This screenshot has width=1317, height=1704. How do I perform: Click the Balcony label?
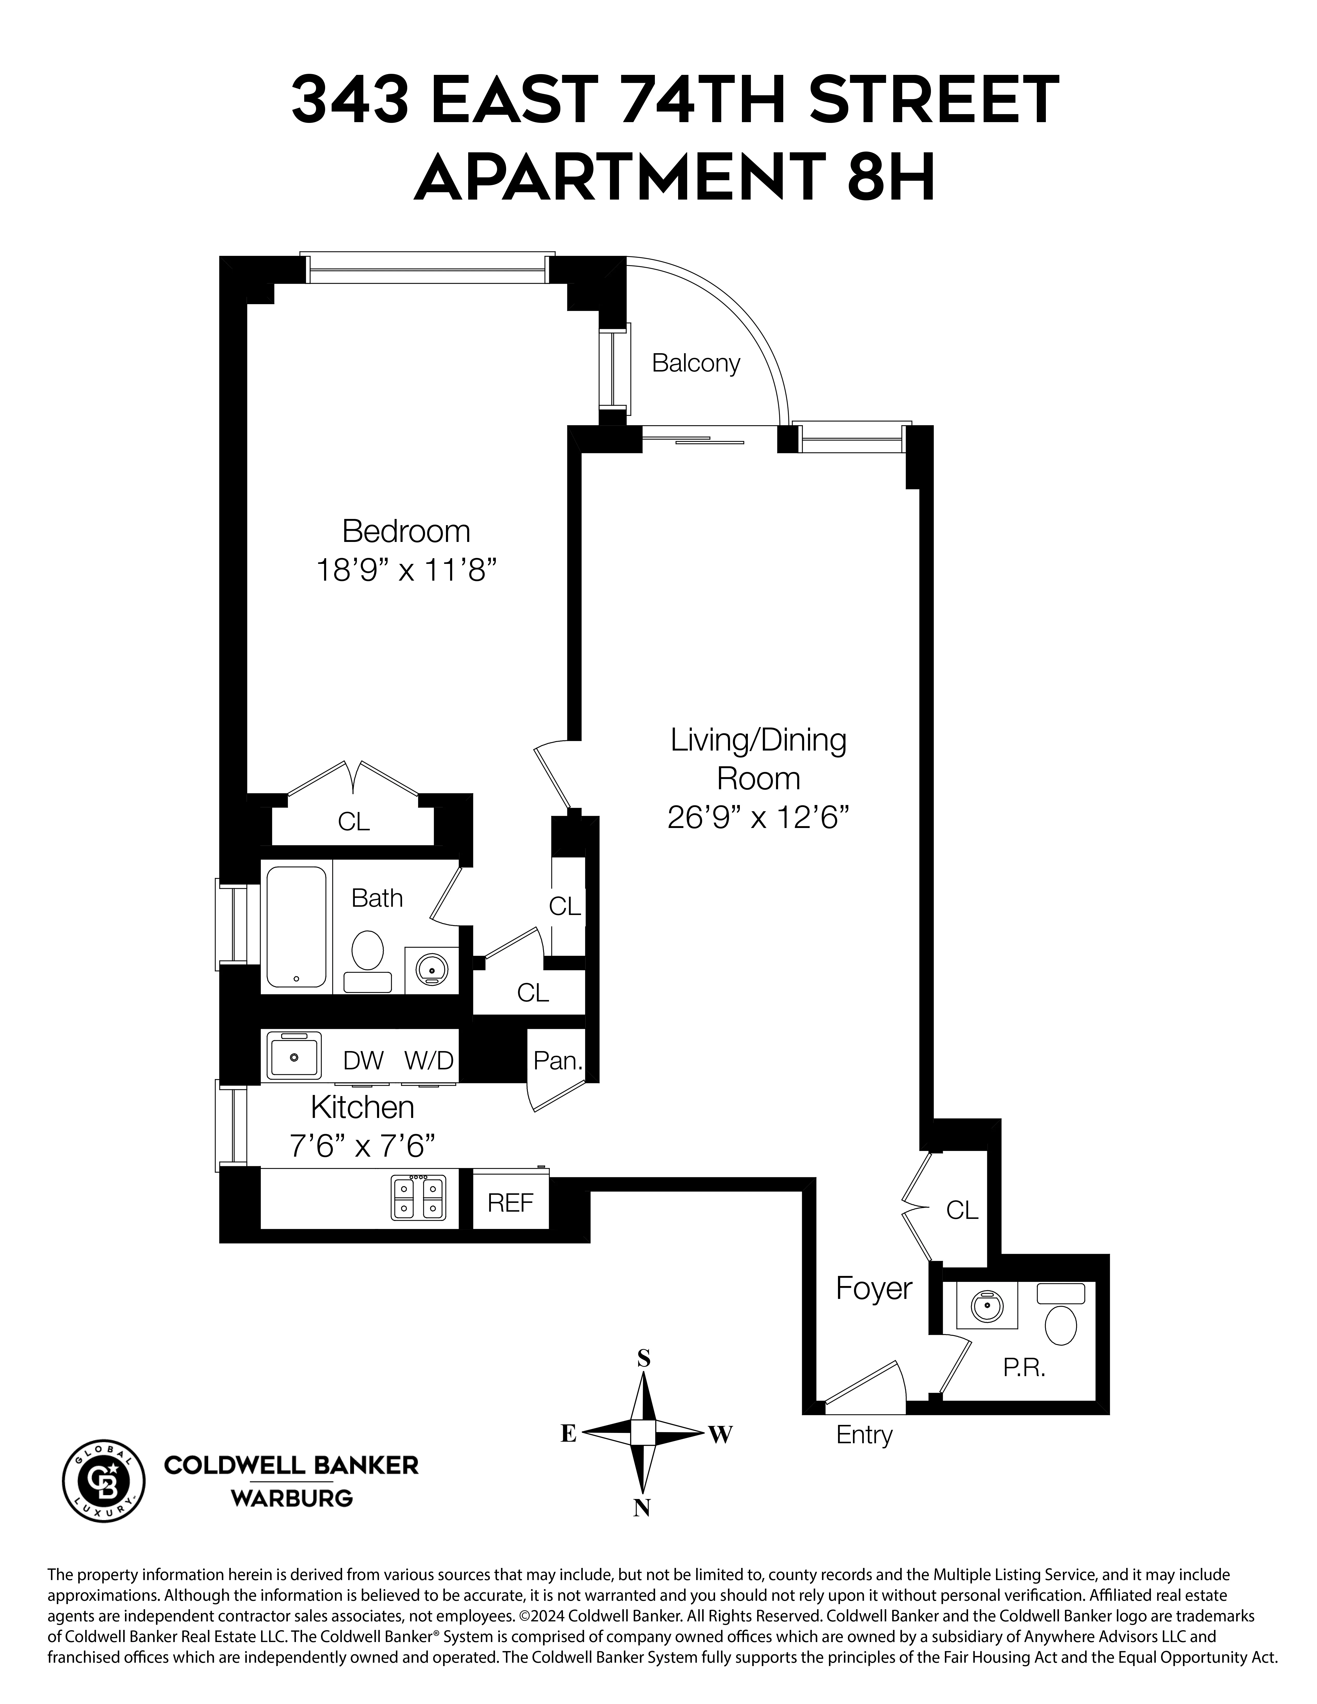[695, 364]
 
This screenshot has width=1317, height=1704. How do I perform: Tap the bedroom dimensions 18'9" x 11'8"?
[406, 570]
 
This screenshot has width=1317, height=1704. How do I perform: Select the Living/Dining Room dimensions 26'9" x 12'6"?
[758, 818]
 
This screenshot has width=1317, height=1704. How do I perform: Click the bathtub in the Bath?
[296, 927]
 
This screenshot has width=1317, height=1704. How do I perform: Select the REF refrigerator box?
[510, 1202]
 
